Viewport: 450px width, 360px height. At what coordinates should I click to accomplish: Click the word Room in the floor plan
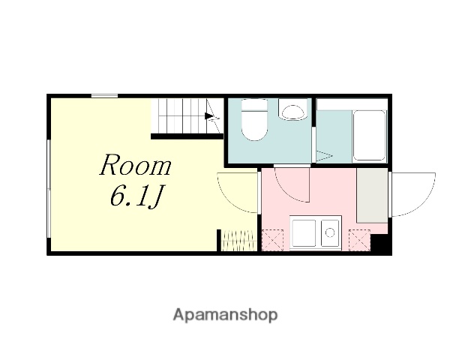[x=135, y=165]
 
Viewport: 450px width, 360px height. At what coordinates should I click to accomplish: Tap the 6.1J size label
[x=137, y=196]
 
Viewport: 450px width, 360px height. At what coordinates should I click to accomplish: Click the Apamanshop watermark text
[x=225, y=315]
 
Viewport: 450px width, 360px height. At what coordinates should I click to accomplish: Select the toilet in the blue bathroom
[x=254, y=119]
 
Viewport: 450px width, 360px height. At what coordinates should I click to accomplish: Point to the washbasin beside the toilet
[x=292, y=109]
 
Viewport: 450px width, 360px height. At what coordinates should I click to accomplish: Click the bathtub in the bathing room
[x=369, y=135]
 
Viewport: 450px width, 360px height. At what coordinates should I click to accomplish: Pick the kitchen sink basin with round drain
[x=330, y=232]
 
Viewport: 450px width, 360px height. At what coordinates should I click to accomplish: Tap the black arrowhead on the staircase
[x=209, y=116]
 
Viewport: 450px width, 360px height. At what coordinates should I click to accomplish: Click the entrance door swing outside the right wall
[x=413, y=194]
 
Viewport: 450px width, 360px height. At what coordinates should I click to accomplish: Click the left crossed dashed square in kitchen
[x=272, y=240]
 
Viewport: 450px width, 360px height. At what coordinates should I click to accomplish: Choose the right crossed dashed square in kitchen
[x=359, y=240]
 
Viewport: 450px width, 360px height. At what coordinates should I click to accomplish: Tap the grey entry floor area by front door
[x=372, y=195]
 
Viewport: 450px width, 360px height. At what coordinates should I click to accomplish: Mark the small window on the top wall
[x=104, y=96]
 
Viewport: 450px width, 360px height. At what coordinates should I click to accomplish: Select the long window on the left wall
[x=49, y=188]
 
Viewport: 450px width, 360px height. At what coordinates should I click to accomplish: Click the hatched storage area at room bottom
[x=239, y=240]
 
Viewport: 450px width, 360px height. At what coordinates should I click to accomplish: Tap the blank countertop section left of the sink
[x=304, y=232]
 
